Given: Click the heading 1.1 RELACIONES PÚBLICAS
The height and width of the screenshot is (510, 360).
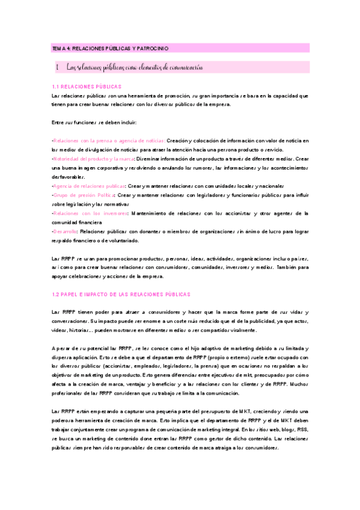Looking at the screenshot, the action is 87,87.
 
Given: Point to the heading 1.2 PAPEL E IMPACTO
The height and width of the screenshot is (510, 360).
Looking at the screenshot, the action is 121,295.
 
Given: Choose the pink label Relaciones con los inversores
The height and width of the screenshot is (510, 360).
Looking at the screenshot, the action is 90,214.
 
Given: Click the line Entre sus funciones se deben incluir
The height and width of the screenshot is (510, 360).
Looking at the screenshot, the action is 94,123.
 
